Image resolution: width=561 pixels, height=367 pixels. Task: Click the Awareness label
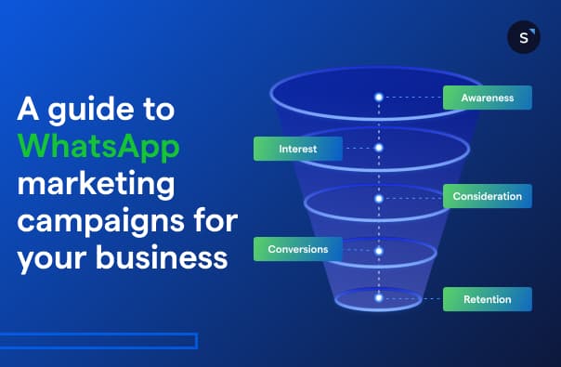pyautogui.click(x=487, y=98)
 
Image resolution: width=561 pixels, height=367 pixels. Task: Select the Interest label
pyautogui.click(x=297, y=149)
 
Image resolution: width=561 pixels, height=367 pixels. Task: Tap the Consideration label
pyautogui.click(x=487, y=197)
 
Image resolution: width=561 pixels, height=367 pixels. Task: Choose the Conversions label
pyautogui.click(x=297, y=249)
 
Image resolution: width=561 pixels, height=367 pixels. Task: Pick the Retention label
pyautogui.click(x=487, y=299)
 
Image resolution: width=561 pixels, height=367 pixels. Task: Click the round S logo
pyautogui.click(x=524, y=37)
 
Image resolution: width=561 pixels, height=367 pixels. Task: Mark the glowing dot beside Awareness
pyautogui.click(x=379, y=97)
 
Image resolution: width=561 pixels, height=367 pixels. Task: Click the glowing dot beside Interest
pyautogui.click(x=379, y=148)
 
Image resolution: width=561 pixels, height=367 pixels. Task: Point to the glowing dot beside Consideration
pyautogui.click(x=379, y=198)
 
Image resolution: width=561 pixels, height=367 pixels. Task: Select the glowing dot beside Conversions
pyautogui.click(x=379, y=249)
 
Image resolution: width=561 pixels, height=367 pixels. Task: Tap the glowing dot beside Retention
pyautogui.click(x=379, y=298)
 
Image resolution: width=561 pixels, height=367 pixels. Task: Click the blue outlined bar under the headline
pyautogui.click(x=98, y=341)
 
